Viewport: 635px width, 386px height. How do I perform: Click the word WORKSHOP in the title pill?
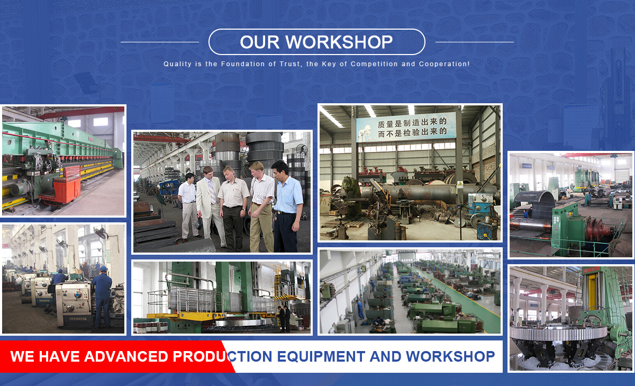tap(339, 42)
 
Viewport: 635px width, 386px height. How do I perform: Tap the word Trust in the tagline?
tap(290, 64)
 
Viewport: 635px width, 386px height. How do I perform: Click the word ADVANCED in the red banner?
tap(126, 356)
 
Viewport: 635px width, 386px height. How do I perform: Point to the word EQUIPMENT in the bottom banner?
tap(321, 356)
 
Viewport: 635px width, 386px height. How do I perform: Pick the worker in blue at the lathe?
tap(102, 297)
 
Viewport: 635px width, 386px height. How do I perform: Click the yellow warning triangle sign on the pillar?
tap(460, 184)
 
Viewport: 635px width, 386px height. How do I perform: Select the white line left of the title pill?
tap(160, 42)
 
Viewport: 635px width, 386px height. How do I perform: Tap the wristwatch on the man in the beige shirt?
tap(243, 210)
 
